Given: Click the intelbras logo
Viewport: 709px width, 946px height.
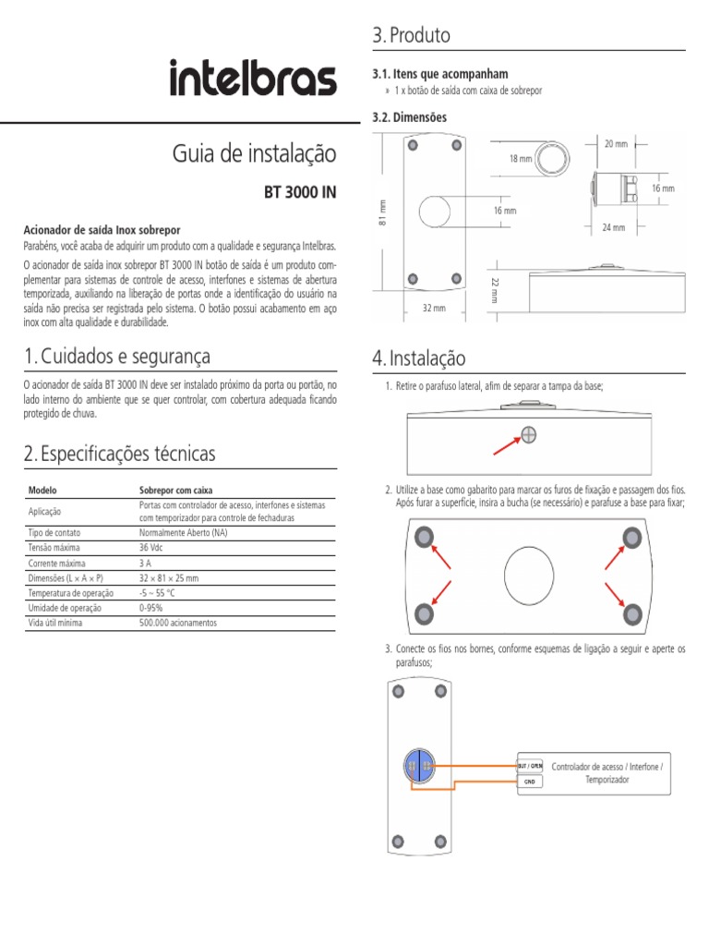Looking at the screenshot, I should [252, 79].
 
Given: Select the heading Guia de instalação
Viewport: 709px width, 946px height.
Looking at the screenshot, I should [254, 153].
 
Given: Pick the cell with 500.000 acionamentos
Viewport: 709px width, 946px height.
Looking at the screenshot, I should [177, 623].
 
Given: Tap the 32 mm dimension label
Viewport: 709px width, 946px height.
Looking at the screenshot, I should [434, 308].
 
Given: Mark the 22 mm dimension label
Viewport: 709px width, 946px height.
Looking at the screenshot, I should [495, 288].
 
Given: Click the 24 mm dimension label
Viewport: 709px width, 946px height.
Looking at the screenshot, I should [613, 227].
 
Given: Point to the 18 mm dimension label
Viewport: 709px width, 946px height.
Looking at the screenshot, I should [521, 159].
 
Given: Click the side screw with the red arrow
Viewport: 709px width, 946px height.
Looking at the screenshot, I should [529, 435].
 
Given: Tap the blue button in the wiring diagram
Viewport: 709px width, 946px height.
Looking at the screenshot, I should [418, 766].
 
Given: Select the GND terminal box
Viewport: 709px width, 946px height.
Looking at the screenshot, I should [529, 782].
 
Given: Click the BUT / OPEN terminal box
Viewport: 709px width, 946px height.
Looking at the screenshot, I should [529, 765].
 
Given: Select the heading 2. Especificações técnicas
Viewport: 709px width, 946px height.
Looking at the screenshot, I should [120, 454].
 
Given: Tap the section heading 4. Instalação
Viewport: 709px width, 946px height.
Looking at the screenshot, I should [419, 358].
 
